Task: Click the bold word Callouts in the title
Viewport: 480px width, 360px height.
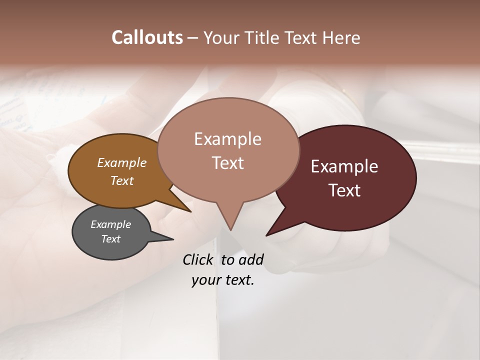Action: [x=147, y=37]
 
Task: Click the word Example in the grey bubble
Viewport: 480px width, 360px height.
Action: [x=110, y=224]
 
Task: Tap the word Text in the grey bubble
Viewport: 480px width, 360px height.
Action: [x=110, y=239]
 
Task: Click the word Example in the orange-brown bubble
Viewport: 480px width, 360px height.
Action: [x=121, y=162]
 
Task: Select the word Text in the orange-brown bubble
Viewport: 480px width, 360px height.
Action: [x=121, y=180]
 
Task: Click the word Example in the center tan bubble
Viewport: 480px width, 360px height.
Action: [x=227, y=139]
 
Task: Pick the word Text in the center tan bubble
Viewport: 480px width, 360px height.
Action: [x=227, y=163]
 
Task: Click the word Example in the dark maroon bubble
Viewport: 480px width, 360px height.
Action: [x=344, y=166]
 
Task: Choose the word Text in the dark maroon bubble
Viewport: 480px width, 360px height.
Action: [x=344, y=190]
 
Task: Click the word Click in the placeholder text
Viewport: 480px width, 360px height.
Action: [x=198, y=259]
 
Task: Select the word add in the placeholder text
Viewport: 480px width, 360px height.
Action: [x=251, y=259]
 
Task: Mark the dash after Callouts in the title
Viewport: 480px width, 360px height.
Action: [x=193, y=38]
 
